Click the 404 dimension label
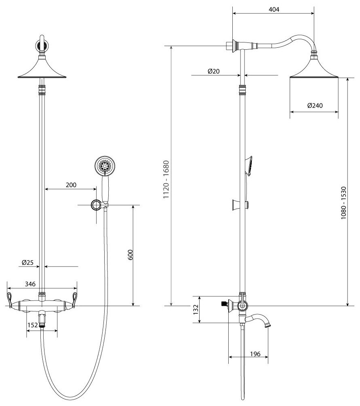point(273,9)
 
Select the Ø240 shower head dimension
point(315,106)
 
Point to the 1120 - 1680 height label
point(166,180)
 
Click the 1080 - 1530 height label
point(343,203)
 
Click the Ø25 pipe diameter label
point(27,263)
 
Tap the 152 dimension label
point(32,324)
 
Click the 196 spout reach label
point(255,354)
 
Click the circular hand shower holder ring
point(96,205)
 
